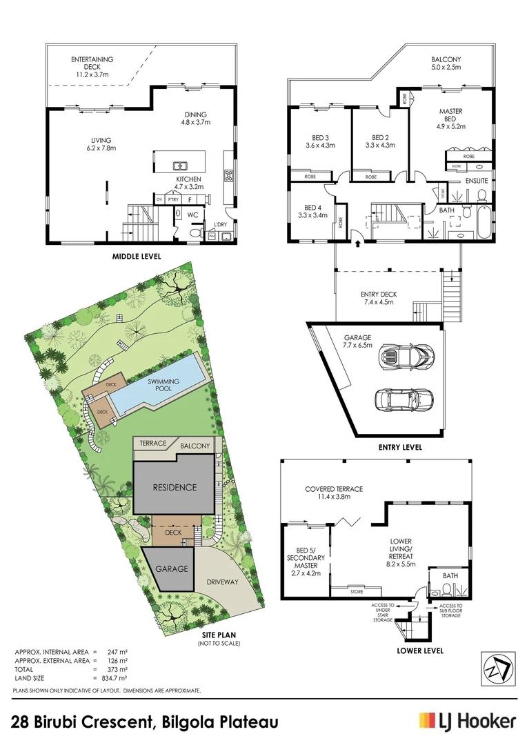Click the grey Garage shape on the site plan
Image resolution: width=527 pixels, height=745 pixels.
click(171, 569)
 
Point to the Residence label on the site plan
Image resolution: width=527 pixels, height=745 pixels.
click(175, 487)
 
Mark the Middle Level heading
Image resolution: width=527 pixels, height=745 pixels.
click(137, 257)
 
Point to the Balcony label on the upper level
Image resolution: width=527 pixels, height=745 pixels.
click(446, 64)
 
